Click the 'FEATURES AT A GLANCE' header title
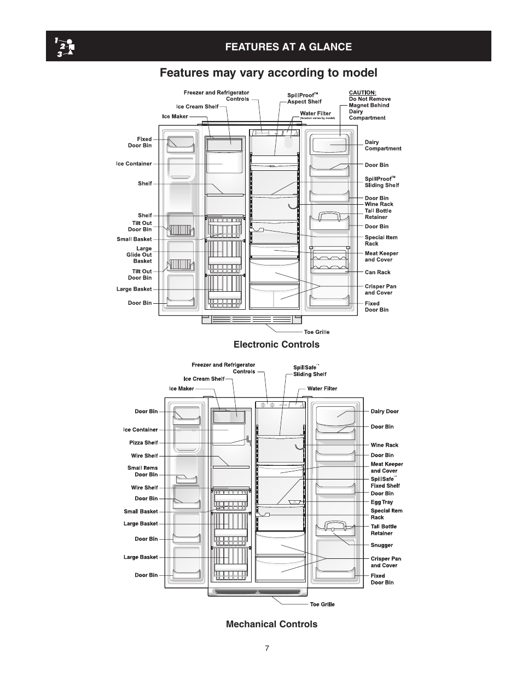[x=288, y=47]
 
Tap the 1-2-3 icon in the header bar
[x=65, y=47]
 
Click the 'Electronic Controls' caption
[x=276, y=344]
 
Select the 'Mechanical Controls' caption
[x=271, y=624]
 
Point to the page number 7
[x=267, y=649]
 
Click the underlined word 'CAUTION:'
[x=362, y=93]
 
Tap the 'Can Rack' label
[x=378, y=272]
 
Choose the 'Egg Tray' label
[x=381, y=502]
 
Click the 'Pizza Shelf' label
[x=143, y=443]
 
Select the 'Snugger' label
[x=381, y=545]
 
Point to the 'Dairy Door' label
[x=385, y=412]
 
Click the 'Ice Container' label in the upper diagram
[x=134, y=164]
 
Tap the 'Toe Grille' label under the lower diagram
[x=322, y=604]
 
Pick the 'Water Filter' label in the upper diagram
[x=315, y=114]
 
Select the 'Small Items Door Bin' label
[x=142, y=471]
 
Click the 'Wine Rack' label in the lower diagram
[x=384, y=445]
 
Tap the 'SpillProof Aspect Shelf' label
[x=304, y=99]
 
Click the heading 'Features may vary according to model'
[x=268, y=73]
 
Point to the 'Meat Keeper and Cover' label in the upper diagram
[x=381, y=257]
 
